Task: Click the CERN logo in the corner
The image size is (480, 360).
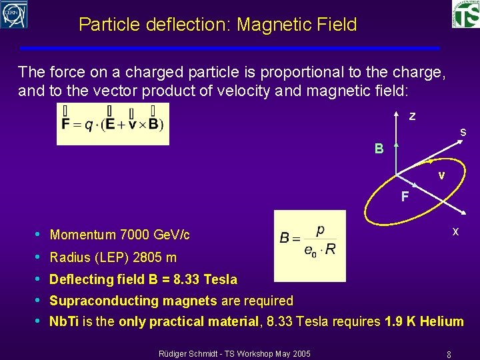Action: tap(14, 14)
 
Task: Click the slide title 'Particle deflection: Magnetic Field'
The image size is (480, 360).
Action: tap(217, 25)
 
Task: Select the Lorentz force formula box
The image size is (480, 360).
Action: tap(113, 123)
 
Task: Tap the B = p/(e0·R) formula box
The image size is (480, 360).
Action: tap(309, 245)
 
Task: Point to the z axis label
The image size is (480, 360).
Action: tap(412, 116)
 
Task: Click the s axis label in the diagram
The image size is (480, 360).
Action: tap(463, 133)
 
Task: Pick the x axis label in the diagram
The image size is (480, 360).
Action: tap(455, 231)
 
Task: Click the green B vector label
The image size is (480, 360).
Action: tap(379, 149)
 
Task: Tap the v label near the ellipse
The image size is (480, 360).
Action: tap(441, 175)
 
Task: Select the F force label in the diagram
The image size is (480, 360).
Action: tap(405, 197)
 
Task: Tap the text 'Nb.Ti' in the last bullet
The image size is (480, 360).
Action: tap(64, 321)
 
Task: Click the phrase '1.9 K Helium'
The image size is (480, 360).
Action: tap(424, 321)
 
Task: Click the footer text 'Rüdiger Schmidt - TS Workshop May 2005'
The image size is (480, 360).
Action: tap(233, 352)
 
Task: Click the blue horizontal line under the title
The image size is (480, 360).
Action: tap(230, 48)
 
